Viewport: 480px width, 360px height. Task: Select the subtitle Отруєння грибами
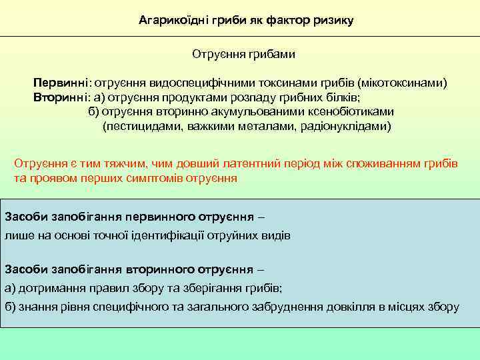[x=243, y=53]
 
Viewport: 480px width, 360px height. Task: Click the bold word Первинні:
[x=63, y=83]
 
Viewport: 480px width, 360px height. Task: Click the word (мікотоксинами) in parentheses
[x=403, y=83]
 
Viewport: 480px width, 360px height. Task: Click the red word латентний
[x=254, y=165]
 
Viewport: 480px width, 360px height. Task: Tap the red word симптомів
[x=158, y=179]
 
